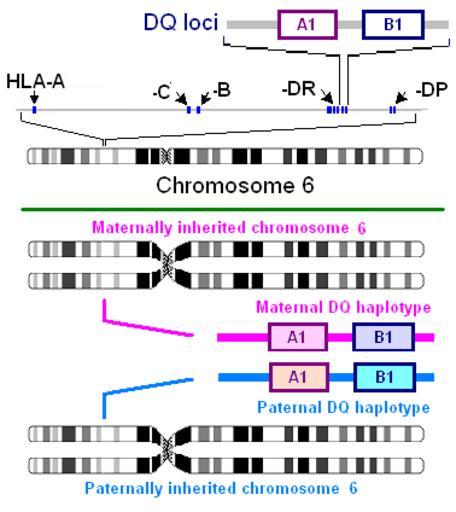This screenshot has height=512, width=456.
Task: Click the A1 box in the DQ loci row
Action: point(307,25)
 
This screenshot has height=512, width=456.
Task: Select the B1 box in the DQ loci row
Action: point(393,25)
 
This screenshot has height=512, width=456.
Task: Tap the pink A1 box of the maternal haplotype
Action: point(298,337)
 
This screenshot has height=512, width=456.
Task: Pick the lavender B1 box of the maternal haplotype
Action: point(384,337)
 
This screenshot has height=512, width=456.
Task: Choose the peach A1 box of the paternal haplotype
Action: point(299,377)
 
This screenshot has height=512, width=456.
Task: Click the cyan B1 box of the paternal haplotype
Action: point(385,377)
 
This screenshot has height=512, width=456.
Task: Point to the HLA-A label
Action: point(35,82)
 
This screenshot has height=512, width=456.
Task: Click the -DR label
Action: point(299,89)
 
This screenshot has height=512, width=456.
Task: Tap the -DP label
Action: point(431,90)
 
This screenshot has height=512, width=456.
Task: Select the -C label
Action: point(162,92)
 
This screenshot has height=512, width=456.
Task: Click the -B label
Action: point(222,90)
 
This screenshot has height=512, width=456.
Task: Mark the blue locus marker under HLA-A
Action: point(34,110)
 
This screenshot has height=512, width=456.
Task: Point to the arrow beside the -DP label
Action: point(401,98)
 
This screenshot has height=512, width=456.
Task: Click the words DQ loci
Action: point(181,22)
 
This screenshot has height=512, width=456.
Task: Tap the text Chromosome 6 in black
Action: point(235,185)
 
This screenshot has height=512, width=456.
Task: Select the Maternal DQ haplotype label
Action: point(343,307)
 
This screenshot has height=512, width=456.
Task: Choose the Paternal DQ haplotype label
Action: point(344,407)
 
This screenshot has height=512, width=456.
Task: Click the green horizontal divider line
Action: point(233,209)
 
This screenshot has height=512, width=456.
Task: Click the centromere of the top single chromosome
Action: point(166,156)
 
